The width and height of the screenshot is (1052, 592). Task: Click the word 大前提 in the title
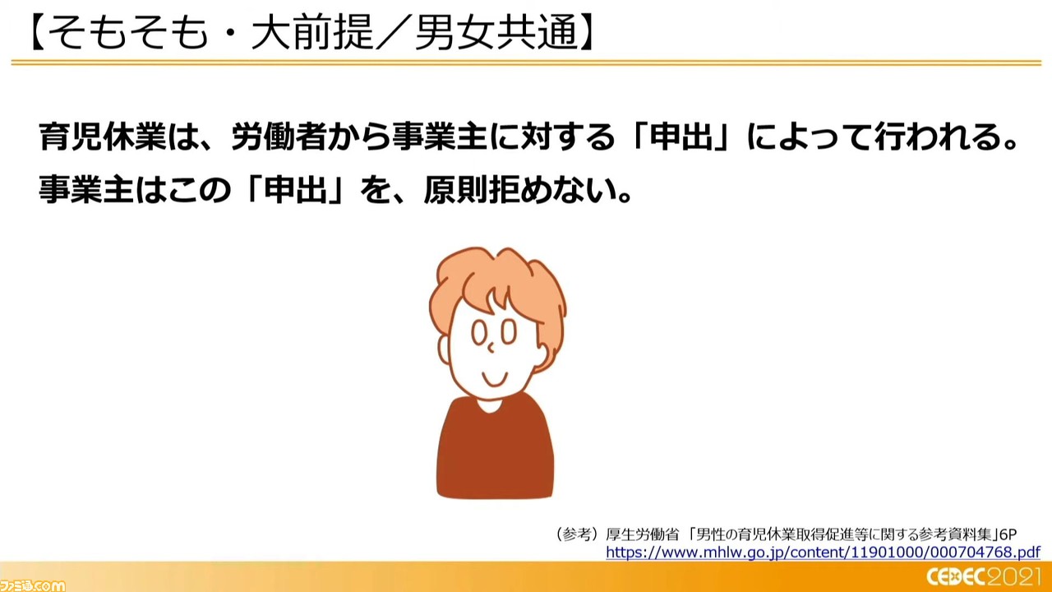click(312, 33)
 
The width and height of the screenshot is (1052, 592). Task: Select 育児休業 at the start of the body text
click(103, 137)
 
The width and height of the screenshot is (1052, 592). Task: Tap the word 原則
click(454, 190)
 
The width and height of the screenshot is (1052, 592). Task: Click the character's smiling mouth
click(495, 379)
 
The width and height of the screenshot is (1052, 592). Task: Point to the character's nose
click(491, 348)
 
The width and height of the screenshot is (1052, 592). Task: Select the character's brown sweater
click(495, 451)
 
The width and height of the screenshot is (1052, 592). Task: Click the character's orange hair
click(498, 282)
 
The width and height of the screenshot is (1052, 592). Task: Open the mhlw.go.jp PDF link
click(823, 552)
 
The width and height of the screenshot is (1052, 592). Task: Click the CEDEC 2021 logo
click(988, 577)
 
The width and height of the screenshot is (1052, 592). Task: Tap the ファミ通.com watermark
click(32, 585)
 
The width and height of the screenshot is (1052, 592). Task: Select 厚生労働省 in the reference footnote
click(642, 534)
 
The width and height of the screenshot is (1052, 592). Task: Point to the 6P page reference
click(1008, 534)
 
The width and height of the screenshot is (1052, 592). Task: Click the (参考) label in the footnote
click(577, 534)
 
